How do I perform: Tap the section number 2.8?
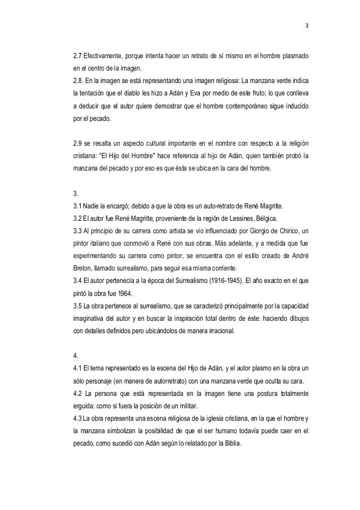74,79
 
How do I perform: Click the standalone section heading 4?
69,358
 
